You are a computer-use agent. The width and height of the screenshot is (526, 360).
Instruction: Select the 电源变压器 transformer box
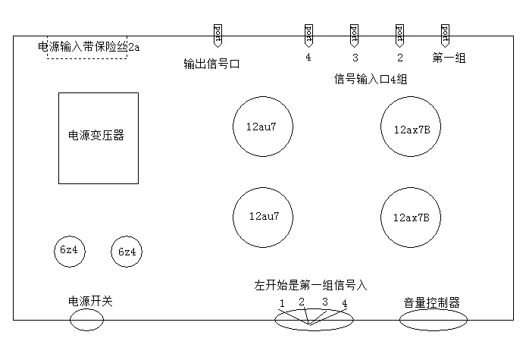click(x=99, y=137)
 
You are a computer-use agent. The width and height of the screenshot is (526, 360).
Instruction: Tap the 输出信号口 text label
click(x=211, y=64)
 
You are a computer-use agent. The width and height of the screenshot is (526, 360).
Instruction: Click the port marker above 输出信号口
click(x=218, y=34)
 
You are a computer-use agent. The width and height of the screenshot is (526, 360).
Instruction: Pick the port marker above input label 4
click(x=308, y=34)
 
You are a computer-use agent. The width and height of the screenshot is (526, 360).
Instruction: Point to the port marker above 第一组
click(x=445, y=34)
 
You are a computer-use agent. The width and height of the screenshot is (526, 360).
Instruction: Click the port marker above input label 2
click(x=399, y=34)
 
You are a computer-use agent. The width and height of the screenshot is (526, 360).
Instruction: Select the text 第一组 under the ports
click(x=449, y=57)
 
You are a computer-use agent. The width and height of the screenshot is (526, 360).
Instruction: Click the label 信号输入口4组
click(x=372, y=79)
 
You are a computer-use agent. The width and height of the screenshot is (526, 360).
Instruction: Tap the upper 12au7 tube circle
click(x=262, y=127)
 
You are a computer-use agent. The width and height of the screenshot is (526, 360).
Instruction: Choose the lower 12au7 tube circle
click(x=262, y=216)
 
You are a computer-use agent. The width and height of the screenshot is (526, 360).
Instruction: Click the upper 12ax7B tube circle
click(x=412, y=128)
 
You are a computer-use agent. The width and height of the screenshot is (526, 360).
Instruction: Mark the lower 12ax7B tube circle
click(x=412, y=217)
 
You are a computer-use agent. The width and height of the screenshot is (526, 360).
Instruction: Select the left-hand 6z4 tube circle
click(x=69, y=251)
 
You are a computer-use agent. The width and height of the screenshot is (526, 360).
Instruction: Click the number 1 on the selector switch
click(x=281, y=304)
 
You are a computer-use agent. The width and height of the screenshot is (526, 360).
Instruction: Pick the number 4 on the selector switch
click(x=344, y=303)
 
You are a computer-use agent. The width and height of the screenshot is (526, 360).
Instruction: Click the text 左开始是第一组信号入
click(x=311, y=286)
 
